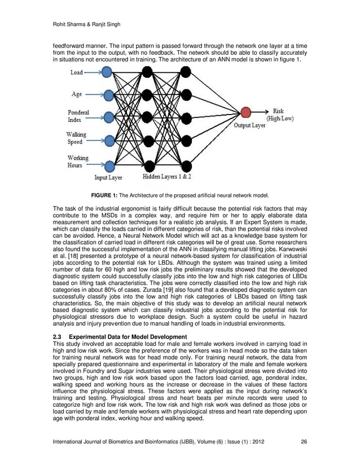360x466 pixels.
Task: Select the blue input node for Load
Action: [x=107, y=72]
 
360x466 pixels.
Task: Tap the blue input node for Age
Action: [x=107, y=94]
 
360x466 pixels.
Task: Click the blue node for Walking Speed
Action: [x=107, y=142]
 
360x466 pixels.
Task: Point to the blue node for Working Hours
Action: [x=107, y=165]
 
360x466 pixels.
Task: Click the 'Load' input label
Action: [x=76, y=72]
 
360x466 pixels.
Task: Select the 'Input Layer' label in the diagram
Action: [x=108, y=177]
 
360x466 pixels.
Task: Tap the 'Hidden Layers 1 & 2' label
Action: [x=167, y=177]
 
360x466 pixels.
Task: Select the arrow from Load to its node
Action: [x=92, y=72]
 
